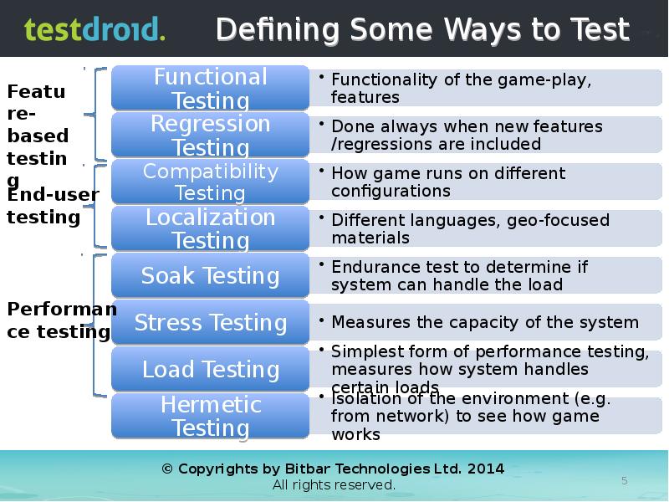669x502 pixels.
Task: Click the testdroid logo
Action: pyautogui.click(x=94, y=30)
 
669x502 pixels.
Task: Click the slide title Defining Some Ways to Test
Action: pyautogui.click(x=422, y=30)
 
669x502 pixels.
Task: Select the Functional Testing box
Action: pyautogui.click(x=210, y=89)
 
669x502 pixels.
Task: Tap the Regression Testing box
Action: pyautogui.click(x=210, y=136)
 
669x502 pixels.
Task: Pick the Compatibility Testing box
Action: pyautogui.click(x=210, y=182)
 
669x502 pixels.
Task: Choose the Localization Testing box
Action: pyautogui.click(x=210, y=228)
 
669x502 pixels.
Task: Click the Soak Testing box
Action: pyautogui.click(x=210, y=275)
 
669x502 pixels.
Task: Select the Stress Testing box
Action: pyautogui.click(x=210, y=322)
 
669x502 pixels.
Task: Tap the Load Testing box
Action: pyautogui.click(x=210, y=369)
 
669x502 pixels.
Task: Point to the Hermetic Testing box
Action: pyautogui.click(x=210, y=416)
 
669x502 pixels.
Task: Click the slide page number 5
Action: pyautogui.click(x=624, y=479)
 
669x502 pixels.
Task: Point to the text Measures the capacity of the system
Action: pyautogui.click(x=484, y=322)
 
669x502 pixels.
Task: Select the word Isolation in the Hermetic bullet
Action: pyautogui.click(x=364, y=398)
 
